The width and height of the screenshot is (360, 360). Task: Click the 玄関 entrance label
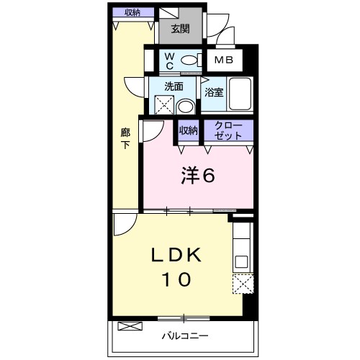click(181, 29)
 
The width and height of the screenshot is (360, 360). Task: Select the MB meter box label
click(224, 60)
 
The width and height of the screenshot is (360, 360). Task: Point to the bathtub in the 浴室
click(240, 94)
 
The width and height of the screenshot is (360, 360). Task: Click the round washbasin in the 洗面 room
click(185, 107)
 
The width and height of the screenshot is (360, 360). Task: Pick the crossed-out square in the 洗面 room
click(164, 104)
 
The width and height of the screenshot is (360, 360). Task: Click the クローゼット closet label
click(228, 130)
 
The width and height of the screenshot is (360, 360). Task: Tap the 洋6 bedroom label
click(198, 176)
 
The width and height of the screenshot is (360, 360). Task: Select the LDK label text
click(176, 255)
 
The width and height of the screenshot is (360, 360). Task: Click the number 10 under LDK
click(177, 279)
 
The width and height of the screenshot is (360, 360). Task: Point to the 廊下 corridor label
click(125, 138)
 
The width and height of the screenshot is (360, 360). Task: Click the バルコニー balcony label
click(185, 336)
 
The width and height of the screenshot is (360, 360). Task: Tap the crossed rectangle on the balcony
click(130, 326)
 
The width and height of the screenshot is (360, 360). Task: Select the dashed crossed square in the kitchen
click(243, 284)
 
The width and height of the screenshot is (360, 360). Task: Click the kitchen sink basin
click(241, 261)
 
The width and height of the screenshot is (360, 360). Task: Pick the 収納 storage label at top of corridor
click(132, 12)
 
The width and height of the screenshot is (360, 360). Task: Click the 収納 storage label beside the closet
click(189, 130)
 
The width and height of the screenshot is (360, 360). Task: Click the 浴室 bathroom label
click(214, 92)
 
